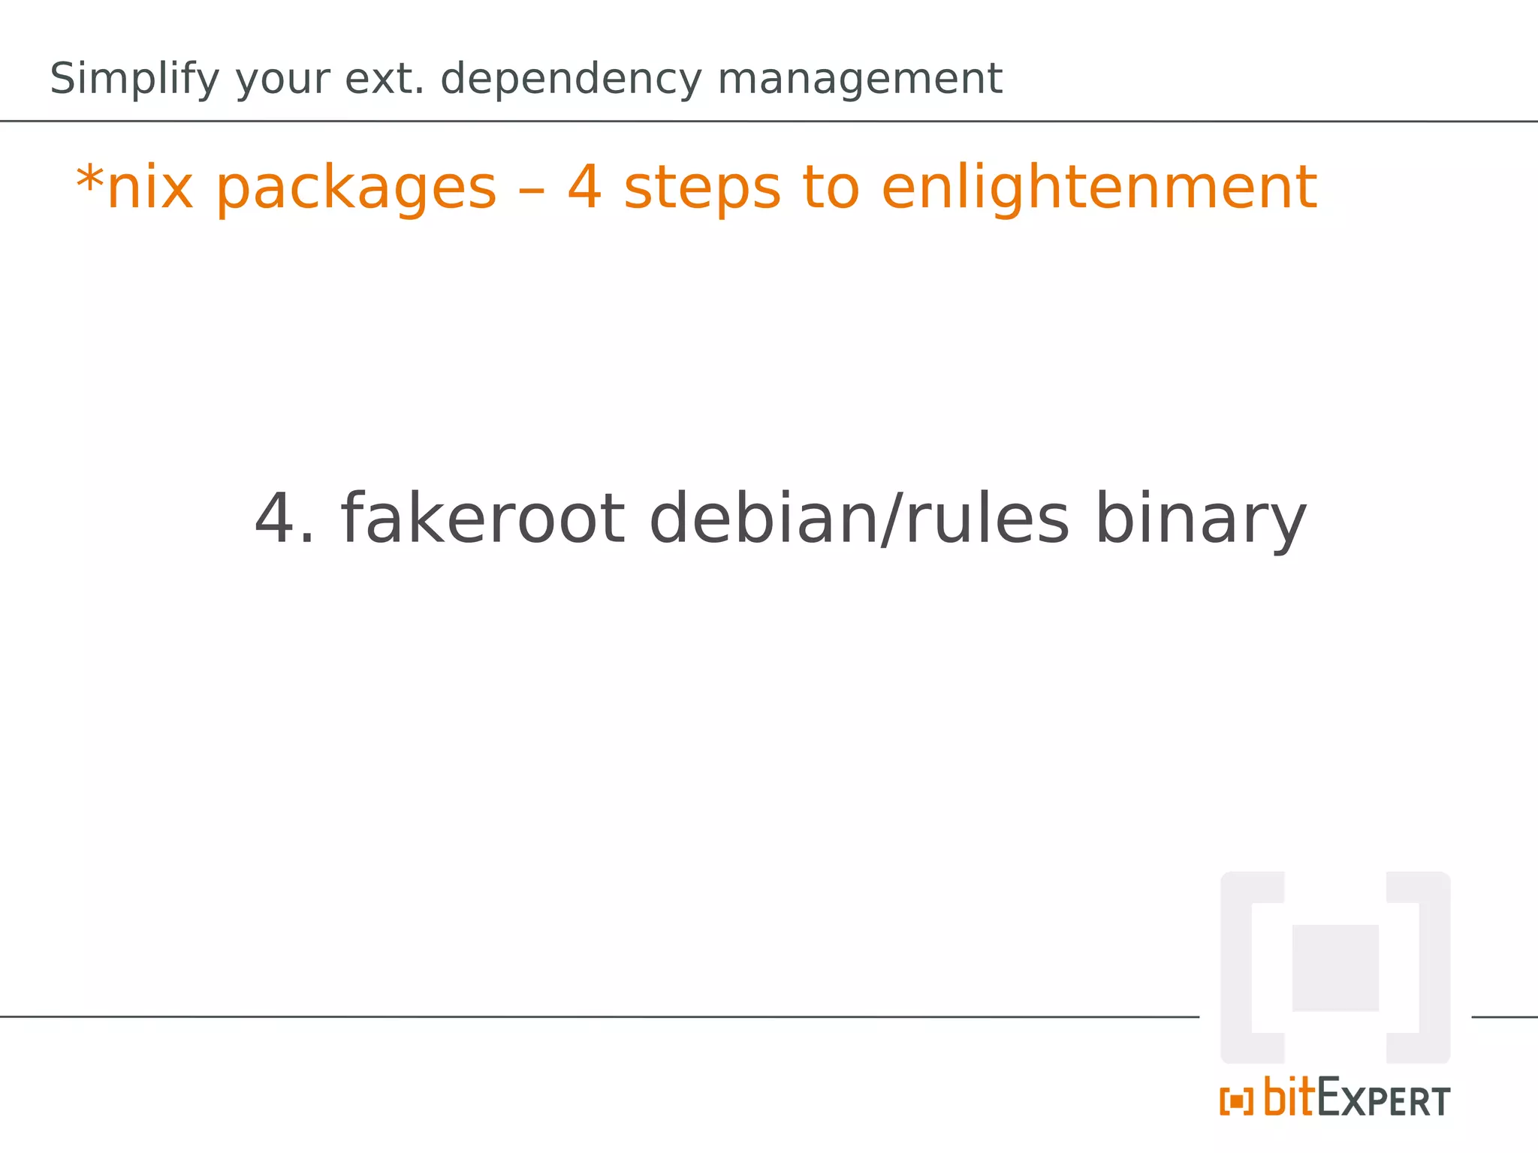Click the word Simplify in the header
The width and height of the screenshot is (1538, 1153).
[134, 80]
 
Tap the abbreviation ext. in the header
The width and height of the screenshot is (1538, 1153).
[384, 80]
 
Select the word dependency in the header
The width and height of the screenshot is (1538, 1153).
[571, 80]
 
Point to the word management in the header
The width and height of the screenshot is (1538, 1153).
[859, 80]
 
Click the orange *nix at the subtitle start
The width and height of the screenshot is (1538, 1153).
[134, 188]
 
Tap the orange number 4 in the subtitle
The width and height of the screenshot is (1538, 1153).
[585, 188]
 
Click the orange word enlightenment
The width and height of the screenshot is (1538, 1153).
[1099, 188]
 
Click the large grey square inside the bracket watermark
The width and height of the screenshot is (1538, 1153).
[1335, 968]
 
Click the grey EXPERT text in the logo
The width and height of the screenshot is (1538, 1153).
[1384, 1100]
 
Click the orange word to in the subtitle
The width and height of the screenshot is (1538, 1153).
[831, 188]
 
